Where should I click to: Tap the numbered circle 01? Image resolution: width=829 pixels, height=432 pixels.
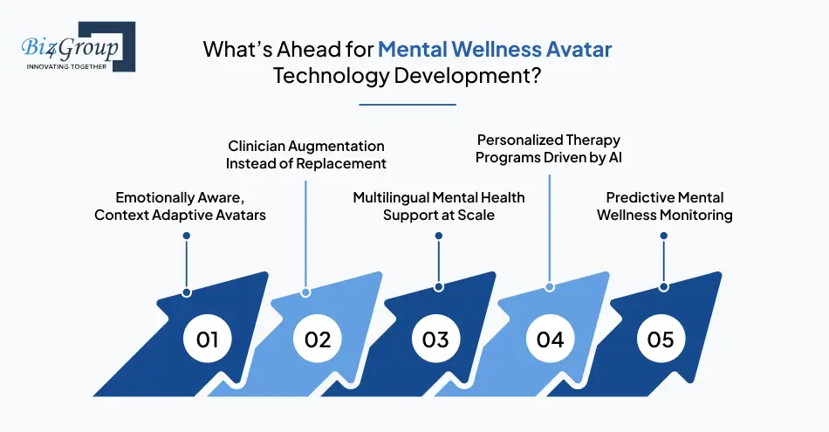click(207, 338)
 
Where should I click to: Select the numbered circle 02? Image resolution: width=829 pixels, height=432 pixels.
click(318, 338)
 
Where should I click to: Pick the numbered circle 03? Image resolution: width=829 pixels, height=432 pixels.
click(435, 338)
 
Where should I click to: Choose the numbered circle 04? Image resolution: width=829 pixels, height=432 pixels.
click(550, 338)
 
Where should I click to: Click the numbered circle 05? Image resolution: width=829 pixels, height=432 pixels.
click(661, 338)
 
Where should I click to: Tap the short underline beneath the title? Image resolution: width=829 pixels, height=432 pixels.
click(408, 105)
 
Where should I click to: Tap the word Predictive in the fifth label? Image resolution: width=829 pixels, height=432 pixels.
click(640, 197)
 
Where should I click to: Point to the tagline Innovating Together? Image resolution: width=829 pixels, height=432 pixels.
click(67, 66)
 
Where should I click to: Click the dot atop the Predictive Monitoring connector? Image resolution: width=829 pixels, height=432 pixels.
click(664, 236)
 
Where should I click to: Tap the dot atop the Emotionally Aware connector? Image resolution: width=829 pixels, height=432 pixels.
click(186, 236)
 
